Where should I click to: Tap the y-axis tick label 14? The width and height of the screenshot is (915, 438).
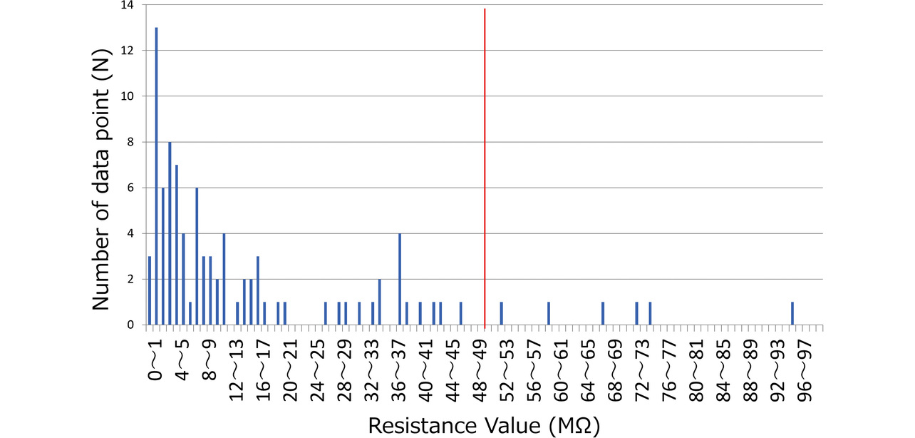click(128, 6)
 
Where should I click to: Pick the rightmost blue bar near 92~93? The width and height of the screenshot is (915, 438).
click(792, 314)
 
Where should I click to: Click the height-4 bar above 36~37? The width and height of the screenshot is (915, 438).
click(400, 279)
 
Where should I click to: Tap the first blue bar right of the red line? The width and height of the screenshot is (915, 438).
click(502, 314)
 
